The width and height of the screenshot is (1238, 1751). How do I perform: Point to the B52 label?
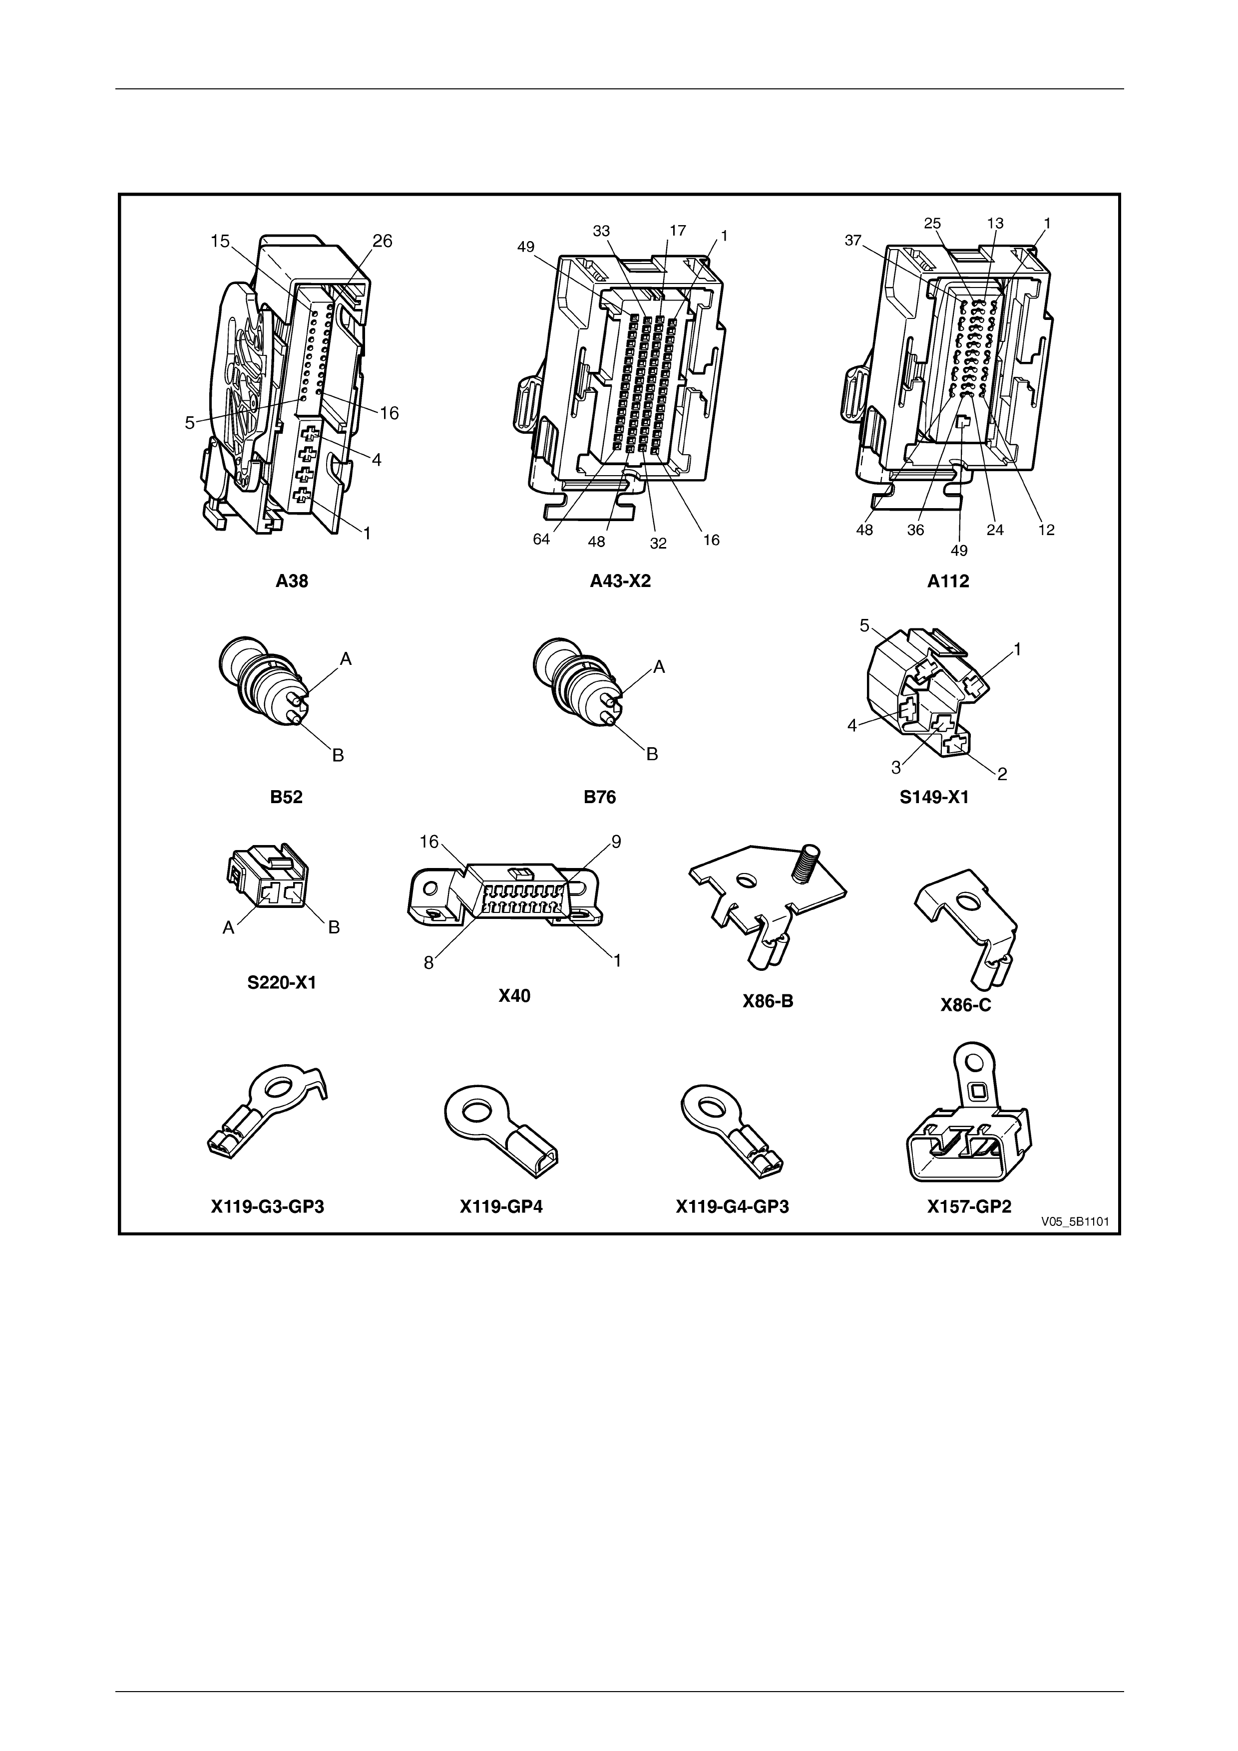click(286, 797)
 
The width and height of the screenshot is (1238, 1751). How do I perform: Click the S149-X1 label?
click(934, 798)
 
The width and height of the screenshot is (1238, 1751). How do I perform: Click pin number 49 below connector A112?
click(959, 550)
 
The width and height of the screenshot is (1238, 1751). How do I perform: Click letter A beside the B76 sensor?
click(659, 667)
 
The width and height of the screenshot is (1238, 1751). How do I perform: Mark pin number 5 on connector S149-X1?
click(864, 626)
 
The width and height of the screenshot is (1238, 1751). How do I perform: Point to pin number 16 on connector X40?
click(429, 842)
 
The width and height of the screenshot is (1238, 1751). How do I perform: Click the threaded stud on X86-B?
click(809, 865)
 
